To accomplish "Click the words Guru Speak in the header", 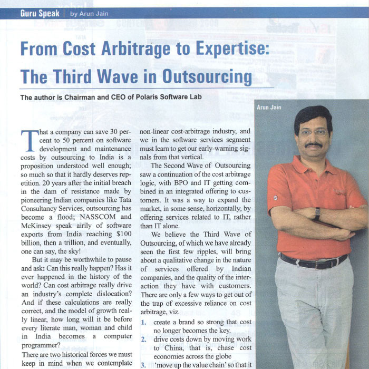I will tap(40, 13).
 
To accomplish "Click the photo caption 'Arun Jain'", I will tap(269, 108).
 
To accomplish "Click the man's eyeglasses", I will tap(314, 132).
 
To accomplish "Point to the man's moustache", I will tap(314, 145).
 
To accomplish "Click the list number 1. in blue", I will tap(143, 321).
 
